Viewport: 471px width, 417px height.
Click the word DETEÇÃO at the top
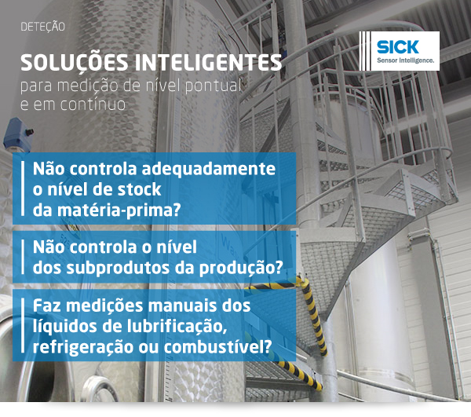(x=42, y=27)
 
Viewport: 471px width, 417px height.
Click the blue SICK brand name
(x=397, y=47)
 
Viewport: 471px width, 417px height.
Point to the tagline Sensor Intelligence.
(x=405, y=60)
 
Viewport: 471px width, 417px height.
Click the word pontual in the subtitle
(x=213, y=86)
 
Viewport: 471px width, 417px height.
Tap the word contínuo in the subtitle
(x=93, y=104)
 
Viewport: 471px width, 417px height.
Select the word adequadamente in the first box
(x=208, y=169)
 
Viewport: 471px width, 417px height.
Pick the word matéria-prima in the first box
(x=118, y=210)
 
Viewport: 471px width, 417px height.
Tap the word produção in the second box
(x=240, y=268)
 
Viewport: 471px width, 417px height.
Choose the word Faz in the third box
(x=47, y=305)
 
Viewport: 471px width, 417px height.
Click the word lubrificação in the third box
(x=177, y=327)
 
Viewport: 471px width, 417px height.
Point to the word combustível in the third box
(x=217, y=347)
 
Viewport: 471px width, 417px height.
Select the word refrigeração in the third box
(x=83, y=348)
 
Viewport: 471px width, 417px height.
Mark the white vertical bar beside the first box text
(x=23, y=188)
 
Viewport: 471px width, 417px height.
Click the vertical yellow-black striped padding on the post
(x=314, y=316)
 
